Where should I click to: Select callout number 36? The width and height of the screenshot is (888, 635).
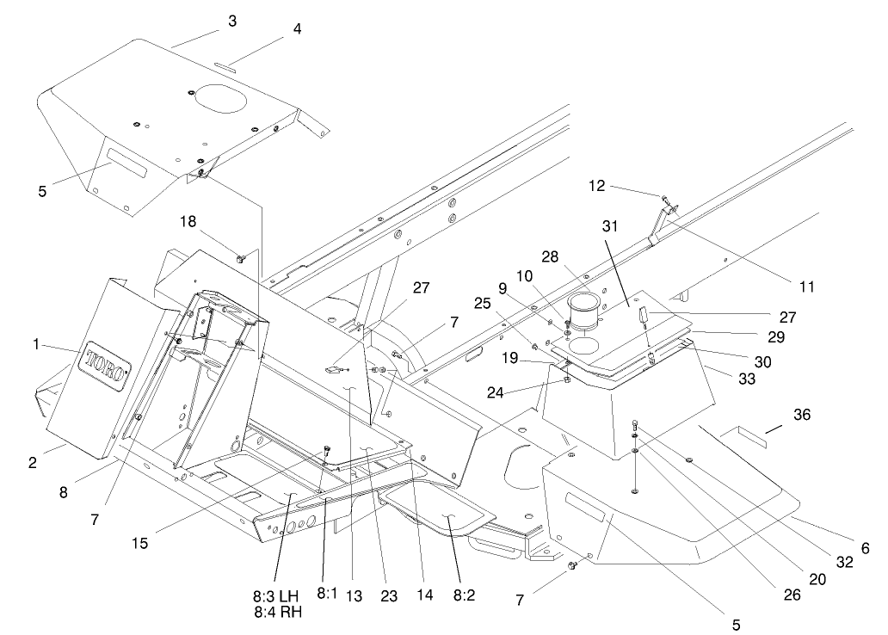(801, 414)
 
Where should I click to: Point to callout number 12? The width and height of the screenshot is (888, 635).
(597, 185)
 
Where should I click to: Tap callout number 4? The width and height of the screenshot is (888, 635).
(297, 28)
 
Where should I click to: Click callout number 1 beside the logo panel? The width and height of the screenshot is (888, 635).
(36, 344)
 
